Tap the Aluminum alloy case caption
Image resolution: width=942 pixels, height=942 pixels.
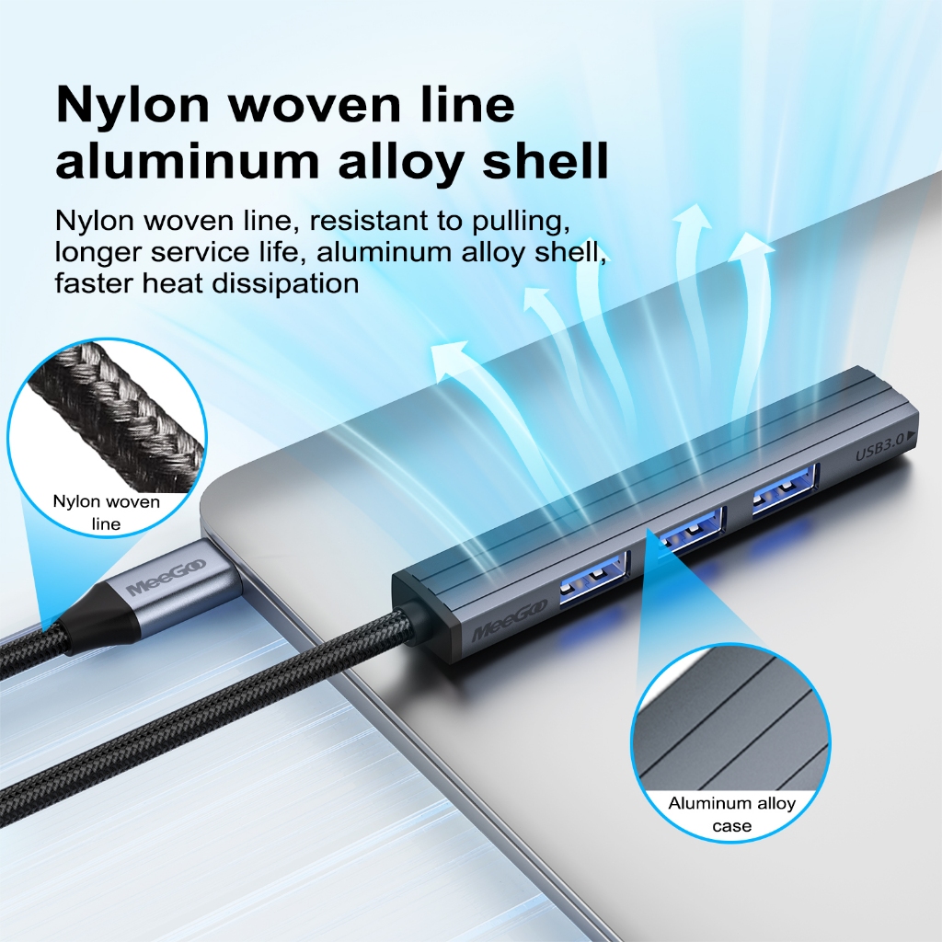coord(731,814)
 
